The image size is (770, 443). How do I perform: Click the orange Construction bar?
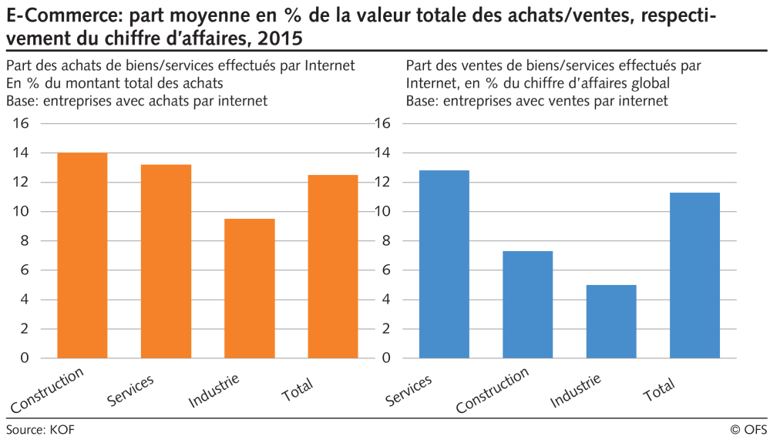pyautogui.click(x=82, y=255)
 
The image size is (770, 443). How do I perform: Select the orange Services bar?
pyautogui.click(x=166, y=261)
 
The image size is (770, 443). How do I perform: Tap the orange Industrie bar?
pyautogui.click(x=250, y=288)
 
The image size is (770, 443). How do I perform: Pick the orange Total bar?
pyautogui.click(x=333, y=267)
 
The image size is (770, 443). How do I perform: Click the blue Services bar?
pyautogui.click(x=444, y=264)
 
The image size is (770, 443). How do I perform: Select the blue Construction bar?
pyautogui.click(x=527, y=304)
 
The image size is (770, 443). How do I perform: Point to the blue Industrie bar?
pyautogui.click(x=611, y=321)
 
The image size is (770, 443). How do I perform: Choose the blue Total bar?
pyautogui.click(x=694, y=275)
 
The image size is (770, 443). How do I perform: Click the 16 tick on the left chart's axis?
pyautogui.click(x=20, y=124)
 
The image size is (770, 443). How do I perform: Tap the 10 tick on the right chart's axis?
pyautogui.click(x=382, y=212)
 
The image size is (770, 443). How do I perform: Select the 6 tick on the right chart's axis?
pyautogui.click(x=386, y=270)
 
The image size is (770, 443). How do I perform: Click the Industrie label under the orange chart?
pyautogui.click(x=214, y=391)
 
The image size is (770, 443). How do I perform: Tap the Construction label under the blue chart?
pyautogui.click(x=493, y=391)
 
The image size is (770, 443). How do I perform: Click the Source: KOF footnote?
pyautogui.click(x=40, y=429)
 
